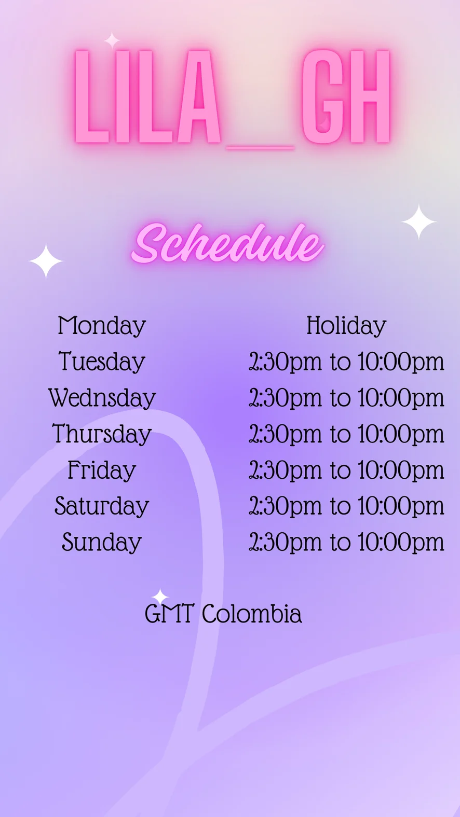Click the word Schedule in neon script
(227, 244)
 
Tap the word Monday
(102, 326)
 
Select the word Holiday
(346, 326)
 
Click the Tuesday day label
(102, 362)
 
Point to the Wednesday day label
(102, 397)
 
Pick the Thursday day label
(102, 434)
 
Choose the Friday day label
(102, 470)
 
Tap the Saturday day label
(102, 506)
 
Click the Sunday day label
(102, 542)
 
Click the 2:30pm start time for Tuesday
(285, 362)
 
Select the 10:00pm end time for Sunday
(401, 542)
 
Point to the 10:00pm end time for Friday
(401, 470)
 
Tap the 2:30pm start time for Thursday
(285, 434)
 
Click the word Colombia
(252, 614)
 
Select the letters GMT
(169, 614)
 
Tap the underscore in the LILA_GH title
(260, 147)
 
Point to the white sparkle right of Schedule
(419, 222)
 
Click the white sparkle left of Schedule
(46, 261)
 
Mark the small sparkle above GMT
(160, 597)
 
